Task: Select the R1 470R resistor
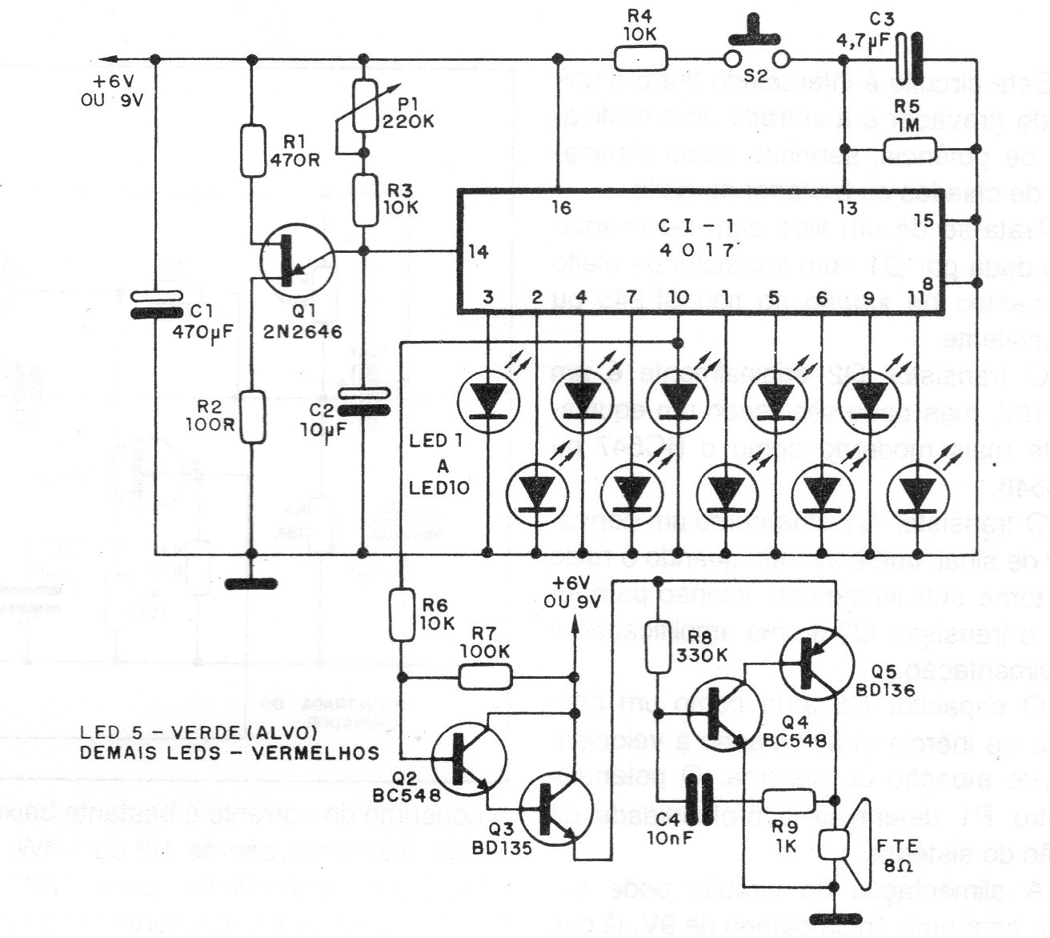click(x=252, y=150)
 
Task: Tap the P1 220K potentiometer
click(x=364, y=106)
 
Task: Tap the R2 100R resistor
click(x=252, y=417)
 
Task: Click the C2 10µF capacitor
click(x=364, y=400)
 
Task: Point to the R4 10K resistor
click(x=640, y=58)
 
